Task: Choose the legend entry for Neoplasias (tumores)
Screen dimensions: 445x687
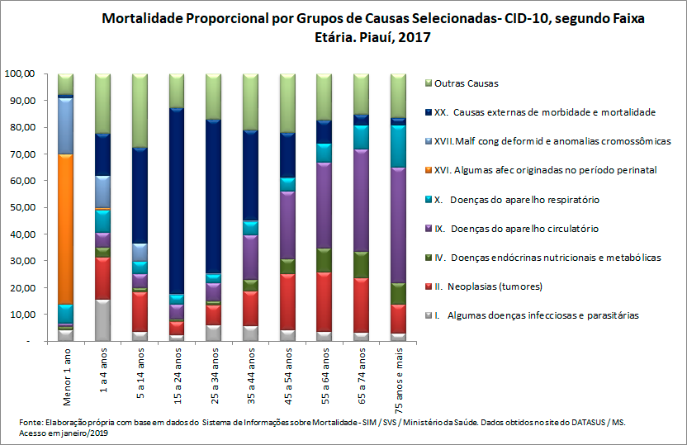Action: point(490,286)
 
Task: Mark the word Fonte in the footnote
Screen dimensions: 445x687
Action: point(31,422)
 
